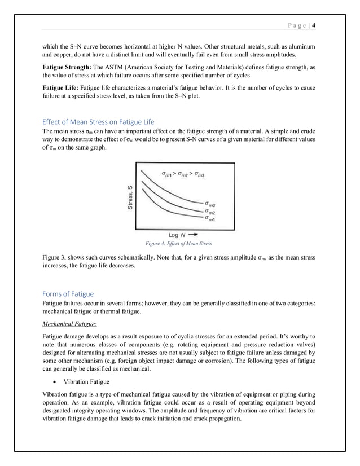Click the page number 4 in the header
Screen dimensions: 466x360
(x=314, y=25)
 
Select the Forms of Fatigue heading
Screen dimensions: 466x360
(x=68, y=293)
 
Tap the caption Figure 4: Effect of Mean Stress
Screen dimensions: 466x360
(x=179, y=244)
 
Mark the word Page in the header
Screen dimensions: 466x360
(x=296, y=25)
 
